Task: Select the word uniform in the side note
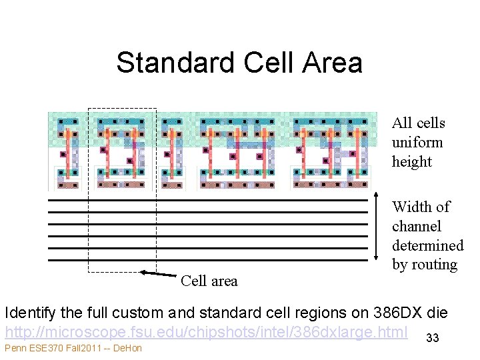[417, 142]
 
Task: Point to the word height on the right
[412, 161]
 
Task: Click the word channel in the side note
[417, 226]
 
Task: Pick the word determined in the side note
[427, 245]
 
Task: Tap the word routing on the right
[433, 265]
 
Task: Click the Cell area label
[209, 281]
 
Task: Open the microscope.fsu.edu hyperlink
[206, 331]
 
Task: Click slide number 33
[433, 339]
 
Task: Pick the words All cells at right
[419, 123]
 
